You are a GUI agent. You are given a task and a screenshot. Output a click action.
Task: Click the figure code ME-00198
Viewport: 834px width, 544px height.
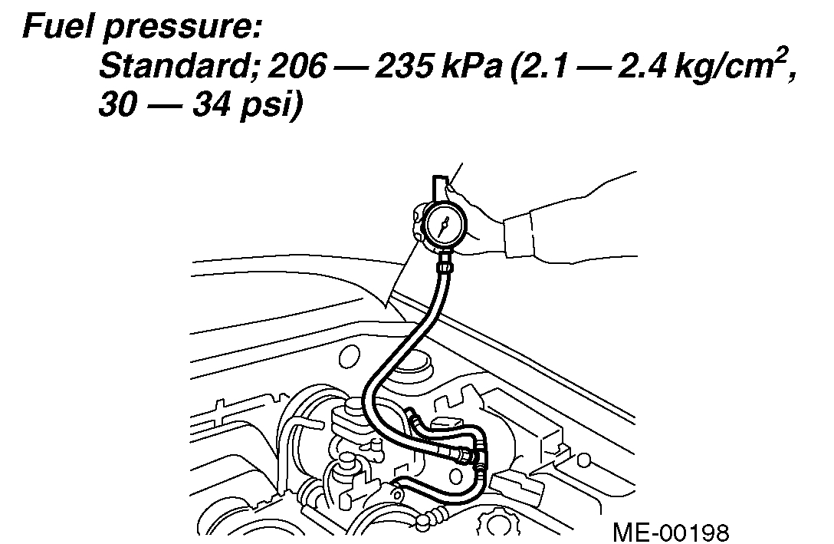(671, 531)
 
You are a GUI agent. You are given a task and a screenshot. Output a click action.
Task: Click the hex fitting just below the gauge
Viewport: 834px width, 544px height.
(442, 266)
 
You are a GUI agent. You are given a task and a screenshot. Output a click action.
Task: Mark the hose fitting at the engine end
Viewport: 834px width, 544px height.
(467, 455)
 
